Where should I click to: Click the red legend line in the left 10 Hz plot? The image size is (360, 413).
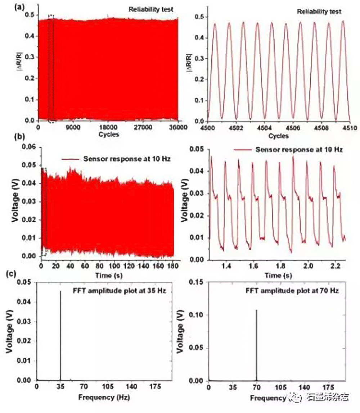(71, 159)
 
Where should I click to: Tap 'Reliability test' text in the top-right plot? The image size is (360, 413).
(319, 12)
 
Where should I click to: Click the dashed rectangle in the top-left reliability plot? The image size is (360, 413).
(51, 68)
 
